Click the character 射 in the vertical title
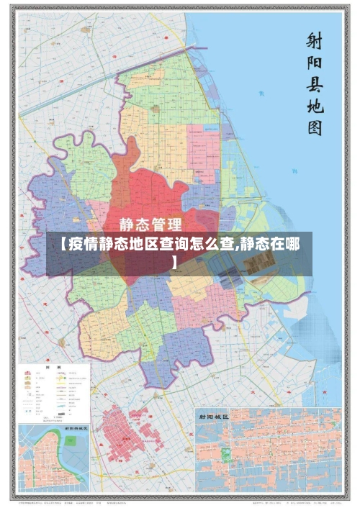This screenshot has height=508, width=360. coord(314,40)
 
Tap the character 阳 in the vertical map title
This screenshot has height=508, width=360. coord(314,64)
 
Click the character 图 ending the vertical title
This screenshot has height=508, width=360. coord(314,130)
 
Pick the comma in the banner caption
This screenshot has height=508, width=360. coord(238,246)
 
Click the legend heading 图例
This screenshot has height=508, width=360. coord(53,367)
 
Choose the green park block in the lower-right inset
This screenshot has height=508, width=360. coord(225,454)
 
